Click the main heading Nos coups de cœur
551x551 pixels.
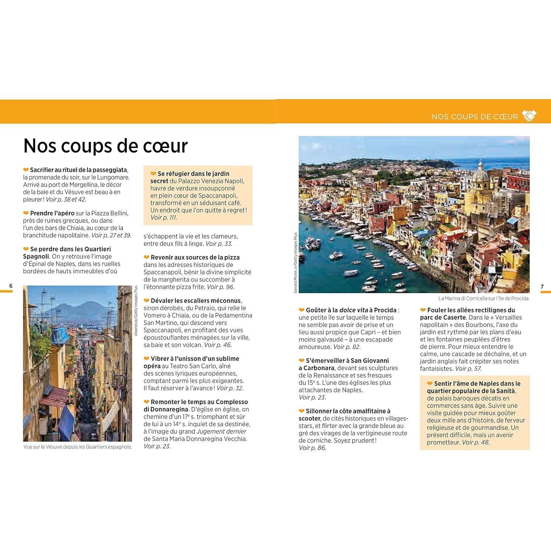[x=105, y=146]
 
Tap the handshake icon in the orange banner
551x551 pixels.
[x=529, y=116]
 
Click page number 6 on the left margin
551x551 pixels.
[x=11, y=286]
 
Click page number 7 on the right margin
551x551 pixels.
[x=542, y=287]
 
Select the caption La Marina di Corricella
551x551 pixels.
[x=484, y=298]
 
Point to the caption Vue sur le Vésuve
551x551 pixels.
[x=78, y=447]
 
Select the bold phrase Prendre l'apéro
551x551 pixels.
[x=52, y=213]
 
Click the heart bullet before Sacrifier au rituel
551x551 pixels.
[x=26, y=170]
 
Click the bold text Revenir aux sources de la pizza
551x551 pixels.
[x=195, y=257]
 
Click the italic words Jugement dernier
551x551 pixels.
[x=221, y=431]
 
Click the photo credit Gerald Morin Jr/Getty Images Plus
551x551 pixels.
[x=295, y=262]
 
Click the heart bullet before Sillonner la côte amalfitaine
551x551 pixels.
[x=302, y=411]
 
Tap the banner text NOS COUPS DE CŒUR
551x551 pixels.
[x=475, y=117]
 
